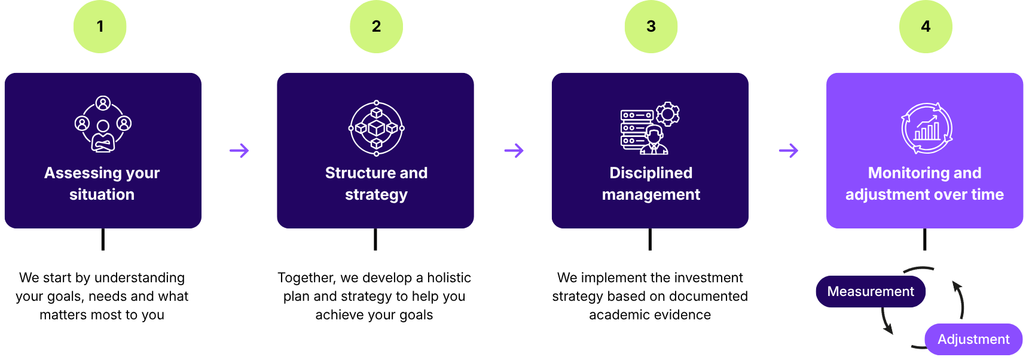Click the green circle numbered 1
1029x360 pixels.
[x=100, y=26]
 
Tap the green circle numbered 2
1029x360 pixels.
[x=376, y=26]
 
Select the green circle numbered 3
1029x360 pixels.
[x=651, y=26]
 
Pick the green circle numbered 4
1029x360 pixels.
[x=926, y=26]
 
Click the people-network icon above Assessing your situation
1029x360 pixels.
[x=103, y=124]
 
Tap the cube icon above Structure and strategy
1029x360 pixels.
[x=376, y=128]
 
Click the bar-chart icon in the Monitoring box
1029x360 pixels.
[x=927, y=129]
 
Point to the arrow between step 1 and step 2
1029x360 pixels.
[x=239, y=150]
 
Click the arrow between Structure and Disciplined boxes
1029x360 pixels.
[x=514, y=150]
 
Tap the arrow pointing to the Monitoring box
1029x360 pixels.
[x=788, y=150]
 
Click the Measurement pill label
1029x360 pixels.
[x=870, y=291]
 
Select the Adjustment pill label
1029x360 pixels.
[x=973, y=339]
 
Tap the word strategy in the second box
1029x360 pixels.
[x=376, y=194]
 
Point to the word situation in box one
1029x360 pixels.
[x=102, y=194]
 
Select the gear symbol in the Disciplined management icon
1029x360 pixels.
[x=667, y=114]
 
